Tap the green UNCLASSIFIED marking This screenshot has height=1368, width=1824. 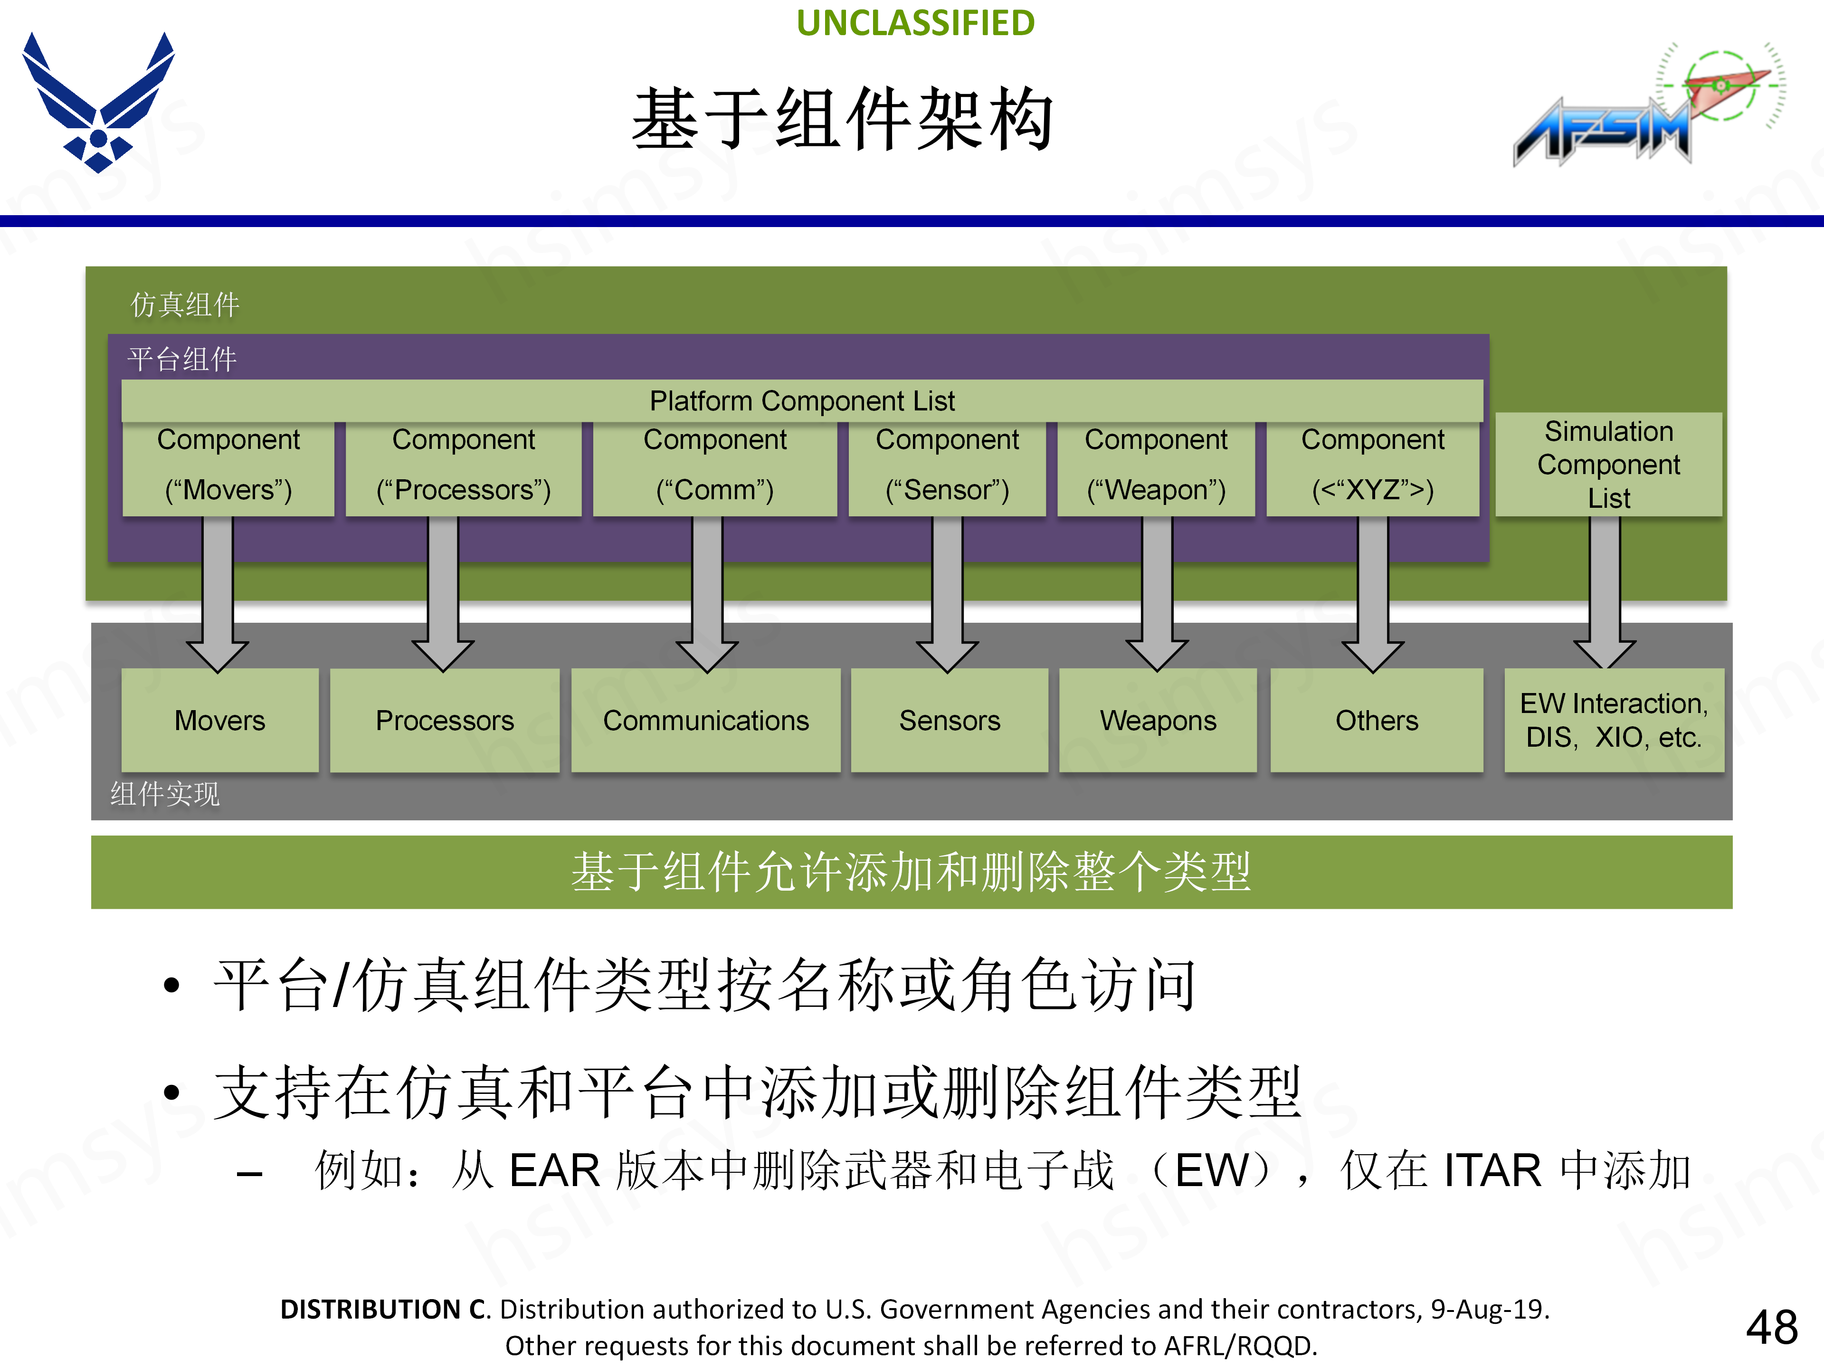(915, 23)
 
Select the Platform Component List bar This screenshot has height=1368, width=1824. (801, 401)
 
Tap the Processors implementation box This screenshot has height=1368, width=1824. (445, 720)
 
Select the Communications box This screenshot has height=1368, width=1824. (706, 720)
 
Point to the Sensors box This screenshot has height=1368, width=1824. (949, 720)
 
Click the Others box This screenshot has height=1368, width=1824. (1376, 720)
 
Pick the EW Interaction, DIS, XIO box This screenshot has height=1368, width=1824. (1614, 720)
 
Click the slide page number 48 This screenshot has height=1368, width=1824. (1771, 1327)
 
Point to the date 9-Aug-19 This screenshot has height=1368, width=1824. (1489, 1309)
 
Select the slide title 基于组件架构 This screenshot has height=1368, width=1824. (843, 120)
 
